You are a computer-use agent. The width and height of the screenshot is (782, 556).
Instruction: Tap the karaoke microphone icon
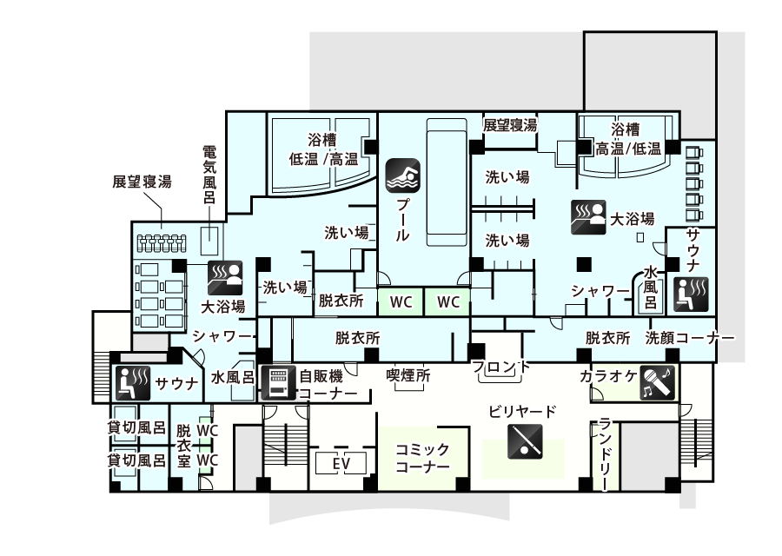click(658, 381)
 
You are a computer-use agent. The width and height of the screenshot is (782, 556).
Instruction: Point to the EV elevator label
click(341, 464)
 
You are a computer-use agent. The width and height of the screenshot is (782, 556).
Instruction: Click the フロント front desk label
click(502, 367)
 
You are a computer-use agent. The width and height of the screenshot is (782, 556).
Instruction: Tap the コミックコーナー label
click(422, 458)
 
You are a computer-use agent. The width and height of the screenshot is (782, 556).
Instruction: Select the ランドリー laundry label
click(606, 454)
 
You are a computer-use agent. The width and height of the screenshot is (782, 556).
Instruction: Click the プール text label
click(403, 220)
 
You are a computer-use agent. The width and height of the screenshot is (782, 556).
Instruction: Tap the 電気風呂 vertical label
click(209, 175)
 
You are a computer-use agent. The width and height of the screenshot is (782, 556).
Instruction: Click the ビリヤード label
click(522, 412)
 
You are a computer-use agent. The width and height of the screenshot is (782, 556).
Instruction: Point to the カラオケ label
click(607, 376)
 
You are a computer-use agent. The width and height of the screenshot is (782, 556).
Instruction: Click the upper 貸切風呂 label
click(136, 427)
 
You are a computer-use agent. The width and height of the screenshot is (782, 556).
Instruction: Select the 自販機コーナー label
click(328, 385)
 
